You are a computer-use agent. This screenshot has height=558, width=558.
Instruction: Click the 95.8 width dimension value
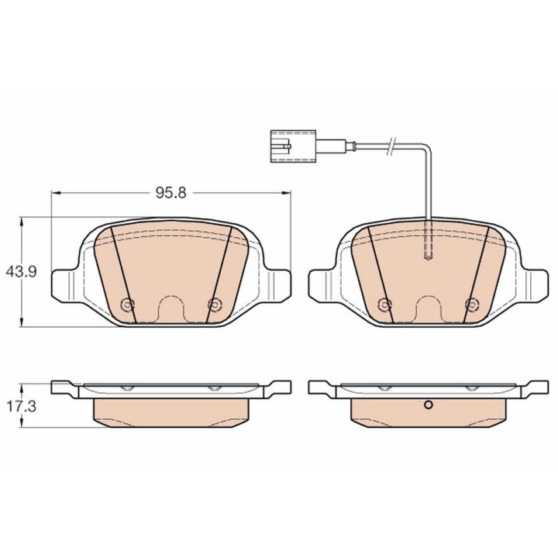[x=170, y=193]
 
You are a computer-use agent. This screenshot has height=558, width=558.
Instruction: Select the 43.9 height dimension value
[x=21, y=272]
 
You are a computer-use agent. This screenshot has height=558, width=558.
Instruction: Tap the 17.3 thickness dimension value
[x=22, y=406]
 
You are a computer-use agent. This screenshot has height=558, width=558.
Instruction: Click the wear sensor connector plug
[x=293, y=146]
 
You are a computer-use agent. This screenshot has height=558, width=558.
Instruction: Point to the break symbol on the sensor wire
[x=391, y=146]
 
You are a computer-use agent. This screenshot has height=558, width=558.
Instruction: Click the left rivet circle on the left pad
[x=128, y=305]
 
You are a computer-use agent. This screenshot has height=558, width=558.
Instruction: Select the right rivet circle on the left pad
[x=215, y=305]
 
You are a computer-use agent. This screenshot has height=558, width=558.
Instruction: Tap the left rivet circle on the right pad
[x=384, y=305]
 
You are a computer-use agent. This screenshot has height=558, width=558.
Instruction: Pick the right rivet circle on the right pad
[x=472, y=305]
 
